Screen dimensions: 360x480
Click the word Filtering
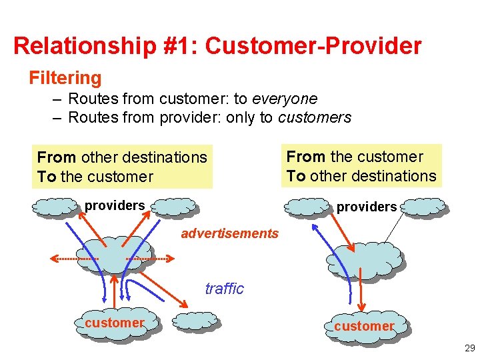[x=65, y=78]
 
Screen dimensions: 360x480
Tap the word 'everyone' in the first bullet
[x=285, y=99]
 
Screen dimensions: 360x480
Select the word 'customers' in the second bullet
[x=315, y=117]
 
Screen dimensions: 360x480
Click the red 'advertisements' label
[x=229, y=233]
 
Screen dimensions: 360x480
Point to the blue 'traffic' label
[x=224, y=289]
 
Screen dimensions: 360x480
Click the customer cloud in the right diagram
[x=364, y=325]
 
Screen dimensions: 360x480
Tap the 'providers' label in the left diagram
[x=114, y=205]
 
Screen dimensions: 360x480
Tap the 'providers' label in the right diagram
[x=366, y=207]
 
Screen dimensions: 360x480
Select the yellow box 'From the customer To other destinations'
[x=361, y=166]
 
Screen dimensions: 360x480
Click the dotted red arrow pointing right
[x=147, y=259]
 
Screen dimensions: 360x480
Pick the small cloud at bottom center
[x=195, y=321]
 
